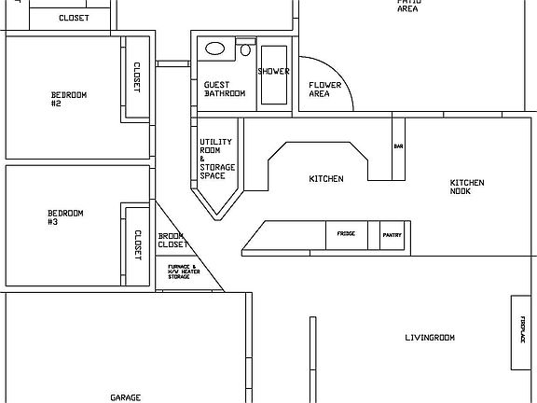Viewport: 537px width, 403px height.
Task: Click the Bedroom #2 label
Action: click(69, 99)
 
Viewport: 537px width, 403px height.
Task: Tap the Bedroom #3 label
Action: click(65, 217)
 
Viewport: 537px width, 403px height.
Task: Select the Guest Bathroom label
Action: click(224, 89)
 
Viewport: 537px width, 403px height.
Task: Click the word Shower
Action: click(273, 71)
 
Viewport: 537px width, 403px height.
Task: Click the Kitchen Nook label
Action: click(466, 187)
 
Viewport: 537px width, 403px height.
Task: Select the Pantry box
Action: click(392, 235)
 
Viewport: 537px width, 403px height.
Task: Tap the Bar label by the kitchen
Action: click(398, 147)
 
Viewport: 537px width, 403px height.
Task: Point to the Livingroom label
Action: click(430, 337)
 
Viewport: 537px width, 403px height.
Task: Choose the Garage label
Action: click(125, 397)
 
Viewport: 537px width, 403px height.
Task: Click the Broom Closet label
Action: click(172, 240)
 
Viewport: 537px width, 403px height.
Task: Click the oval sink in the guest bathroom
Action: click(214, 48)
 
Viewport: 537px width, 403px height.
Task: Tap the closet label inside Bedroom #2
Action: click(137, 77)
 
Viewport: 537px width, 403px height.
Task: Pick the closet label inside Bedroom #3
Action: click(137, 244)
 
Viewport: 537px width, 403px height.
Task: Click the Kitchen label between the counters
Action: click(326, 178)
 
